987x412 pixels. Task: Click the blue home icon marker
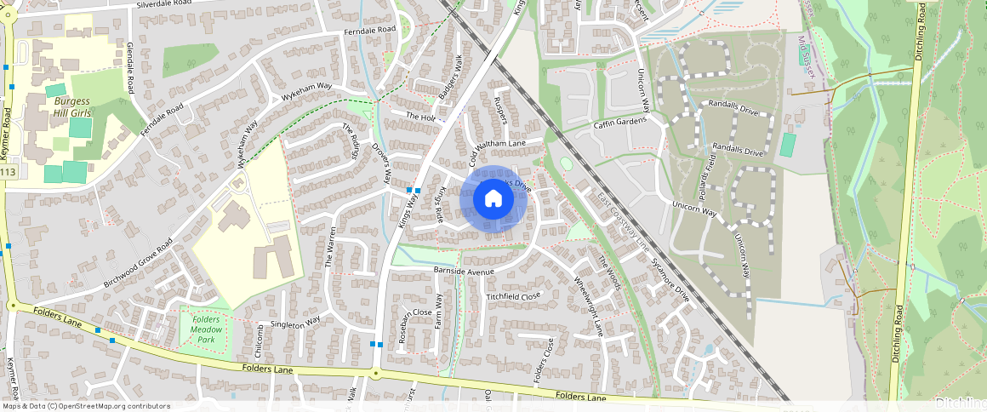tap(493, 199)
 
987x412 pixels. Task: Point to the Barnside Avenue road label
tap(464, 272)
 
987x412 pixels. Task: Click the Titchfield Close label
tap(513, 296)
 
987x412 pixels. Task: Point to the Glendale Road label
tap(131, 66)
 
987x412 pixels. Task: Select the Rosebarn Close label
tap(404, 325)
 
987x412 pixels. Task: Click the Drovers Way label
tap(379, 163)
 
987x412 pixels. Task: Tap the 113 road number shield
tap(8, 173)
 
